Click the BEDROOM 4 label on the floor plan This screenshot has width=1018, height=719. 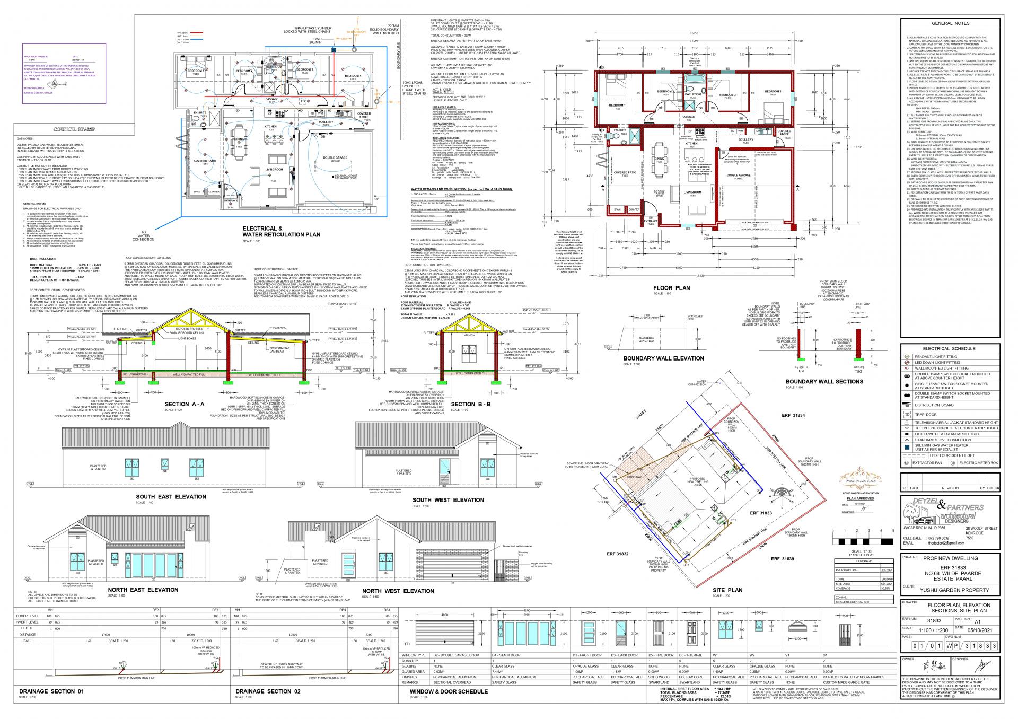tap(773, 92)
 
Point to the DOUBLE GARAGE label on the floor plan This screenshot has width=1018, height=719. tap(739, 175)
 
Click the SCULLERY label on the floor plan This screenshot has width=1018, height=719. tap(745, 140)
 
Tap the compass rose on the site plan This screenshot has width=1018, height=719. tap(782, 490)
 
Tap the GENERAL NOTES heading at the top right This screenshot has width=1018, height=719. tap(950, 23)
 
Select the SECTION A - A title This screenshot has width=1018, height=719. tap(185, 404)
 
